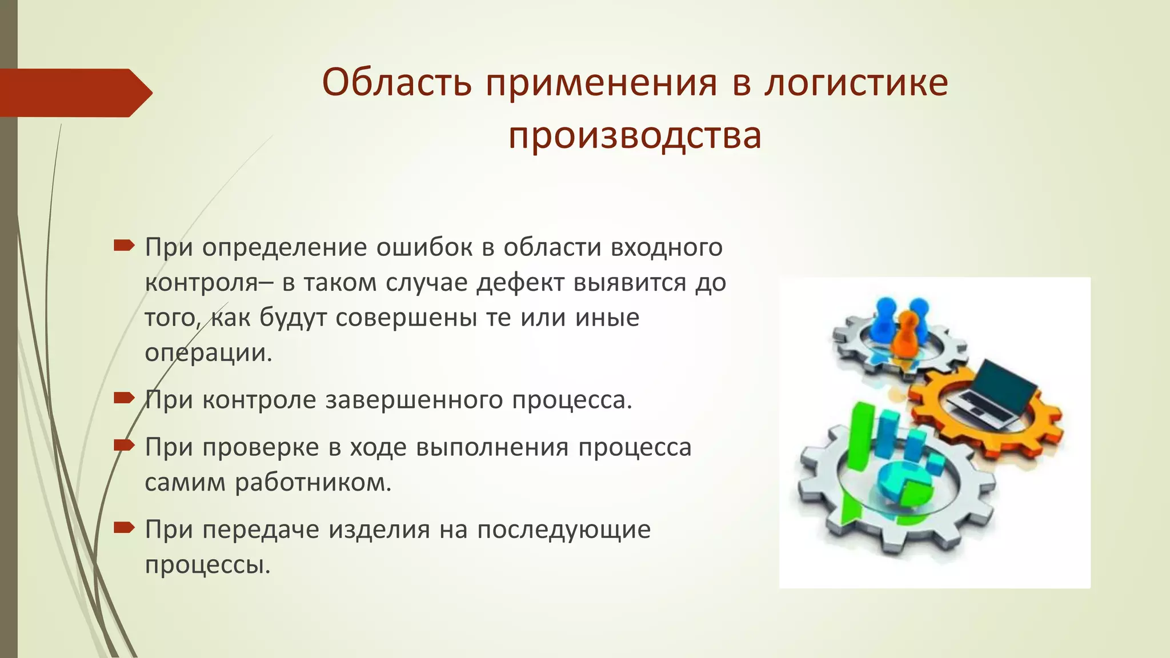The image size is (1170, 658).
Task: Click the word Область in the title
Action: click(396, 83)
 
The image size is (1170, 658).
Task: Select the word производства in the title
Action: click(635, 136)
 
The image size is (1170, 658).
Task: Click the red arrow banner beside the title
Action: click(74, 93)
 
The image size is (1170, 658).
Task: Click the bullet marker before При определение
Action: click(123, 246)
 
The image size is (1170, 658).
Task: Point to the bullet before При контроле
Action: click(123, 398)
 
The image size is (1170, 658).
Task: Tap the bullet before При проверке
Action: click(123, 445)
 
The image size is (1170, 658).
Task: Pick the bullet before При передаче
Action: click(123, 528)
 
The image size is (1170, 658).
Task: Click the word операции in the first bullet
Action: click(208, 353)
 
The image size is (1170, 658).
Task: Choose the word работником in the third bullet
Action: click(313, 483)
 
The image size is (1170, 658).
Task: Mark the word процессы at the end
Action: click(207, 565)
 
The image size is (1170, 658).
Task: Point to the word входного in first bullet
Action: click(666, 247)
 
